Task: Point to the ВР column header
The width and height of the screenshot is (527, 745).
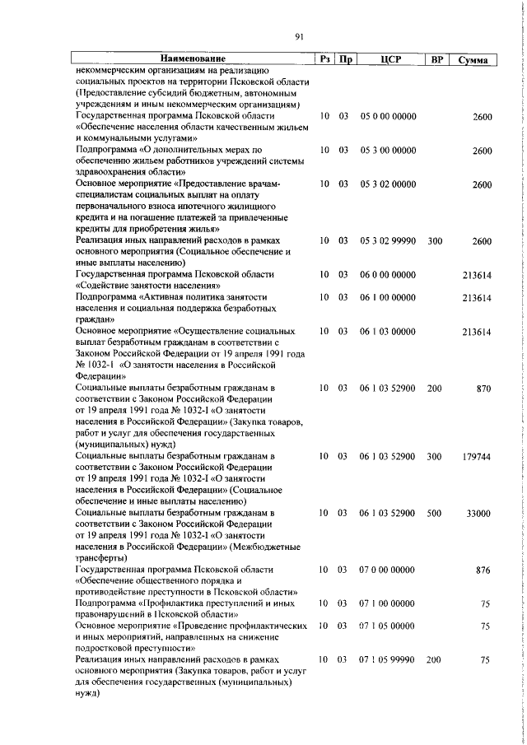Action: click(x=436, y=60)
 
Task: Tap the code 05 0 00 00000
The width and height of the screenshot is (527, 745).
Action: click(x=388, y=118)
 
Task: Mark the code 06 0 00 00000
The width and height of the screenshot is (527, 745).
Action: click(x=388, y=273)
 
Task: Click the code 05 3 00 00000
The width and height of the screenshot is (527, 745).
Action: click(x=388, y=151)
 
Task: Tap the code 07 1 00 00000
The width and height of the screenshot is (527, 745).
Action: click(x=388, y=626)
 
